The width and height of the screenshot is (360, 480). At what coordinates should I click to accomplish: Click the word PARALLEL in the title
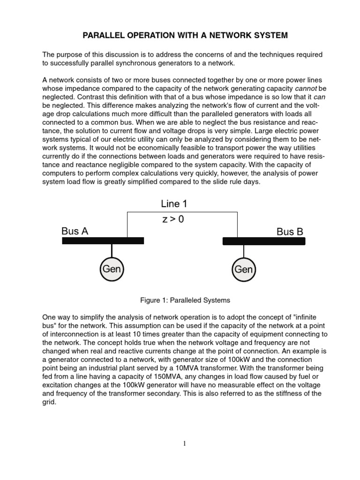click(104, 35)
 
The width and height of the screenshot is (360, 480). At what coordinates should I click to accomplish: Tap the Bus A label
click(75, 231)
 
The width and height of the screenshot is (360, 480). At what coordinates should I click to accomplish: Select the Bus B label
click(290, 232)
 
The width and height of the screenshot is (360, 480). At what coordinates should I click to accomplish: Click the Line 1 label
click(174, 204)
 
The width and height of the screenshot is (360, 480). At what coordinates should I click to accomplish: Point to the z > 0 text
click(173, 219)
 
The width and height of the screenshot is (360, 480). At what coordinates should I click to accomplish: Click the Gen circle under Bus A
click(112, 269)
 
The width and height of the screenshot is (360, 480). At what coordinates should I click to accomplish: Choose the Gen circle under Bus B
click(243, 270)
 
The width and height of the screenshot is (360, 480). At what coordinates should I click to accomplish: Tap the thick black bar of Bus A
click(103, 240)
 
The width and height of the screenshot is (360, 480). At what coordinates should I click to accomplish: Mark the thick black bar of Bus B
click(263, 241)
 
